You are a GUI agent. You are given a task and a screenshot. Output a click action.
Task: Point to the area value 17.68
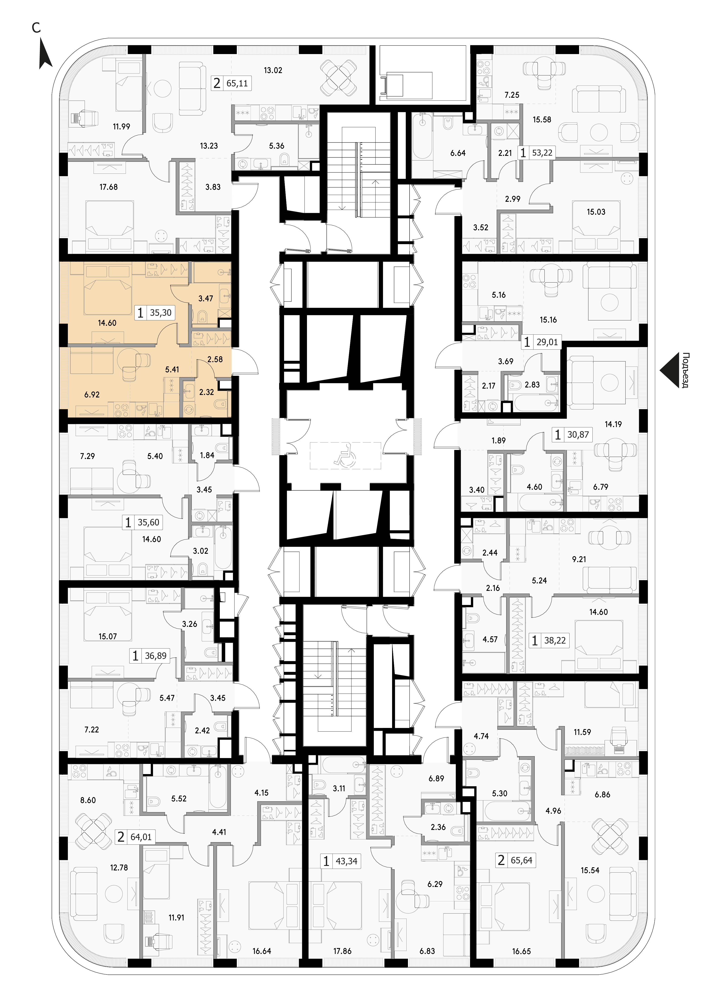(109, 187)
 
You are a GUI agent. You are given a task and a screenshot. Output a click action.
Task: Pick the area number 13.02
(273, 70)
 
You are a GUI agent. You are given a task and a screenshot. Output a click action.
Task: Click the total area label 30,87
(578, 435)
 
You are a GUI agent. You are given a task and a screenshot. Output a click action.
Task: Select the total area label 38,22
(555, 641)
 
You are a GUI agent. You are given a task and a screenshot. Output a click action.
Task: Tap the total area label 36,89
(156, 656)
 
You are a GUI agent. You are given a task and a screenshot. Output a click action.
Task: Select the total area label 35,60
(149, 522)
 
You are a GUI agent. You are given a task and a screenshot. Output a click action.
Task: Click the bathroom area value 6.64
(458, 153)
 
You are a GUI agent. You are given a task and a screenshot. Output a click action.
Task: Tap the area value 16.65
(521, 952)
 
